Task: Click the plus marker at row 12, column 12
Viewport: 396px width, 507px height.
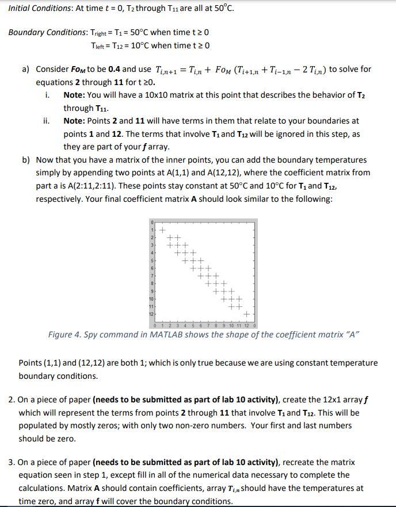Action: tap(246, 314)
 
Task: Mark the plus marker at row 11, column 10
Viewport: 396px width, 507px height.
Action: tap(231, 307)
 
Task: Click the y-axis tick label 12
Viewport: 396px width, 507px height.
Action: tap(152, 314)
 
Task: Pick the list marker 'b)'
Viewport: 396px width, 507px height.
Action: tap(26, 160)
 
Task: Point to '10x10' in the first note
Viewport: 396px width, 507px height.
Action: tap(160, 94)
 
